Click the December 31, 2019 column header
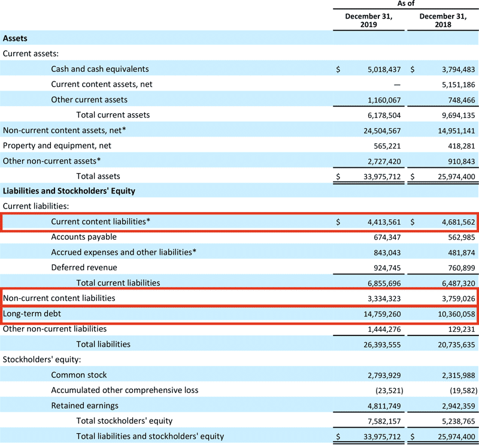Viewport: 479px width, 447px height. [369, 21]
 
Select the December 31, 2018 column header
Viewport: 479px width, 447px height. [442, 21]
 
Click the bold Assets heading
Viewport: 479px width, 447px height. [15, 38]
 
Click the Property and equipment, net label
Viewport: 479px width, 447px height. [57, 145]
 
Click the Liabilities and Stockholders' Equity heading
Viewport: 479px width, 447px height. [69, 191]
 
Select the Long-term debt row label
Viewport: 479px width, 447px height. [28, 313]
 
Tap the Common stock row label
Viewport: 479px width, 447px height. [79, 374]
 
